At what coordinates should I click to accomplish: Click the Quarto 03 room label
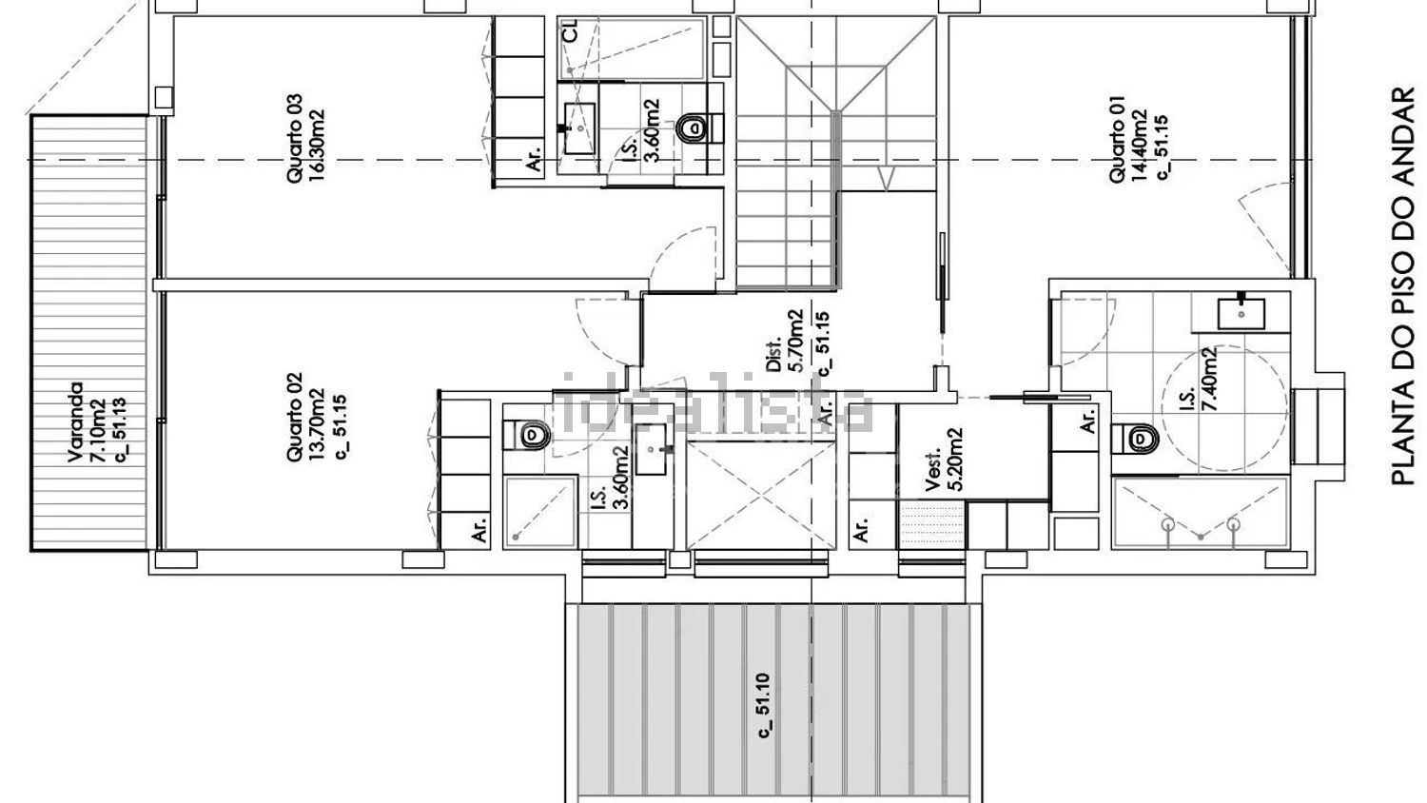294,139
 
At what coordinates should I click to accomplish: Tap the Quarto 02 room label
294,417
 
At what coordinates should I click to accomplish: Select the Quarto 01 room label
1118,139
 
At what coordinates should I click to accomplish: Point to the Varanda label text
75,421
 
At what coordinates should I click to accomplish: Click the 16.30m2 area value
317,146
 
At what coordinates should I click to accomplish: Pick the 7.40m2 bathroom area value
1208,379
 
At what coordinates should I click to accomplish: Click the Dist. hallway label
773,354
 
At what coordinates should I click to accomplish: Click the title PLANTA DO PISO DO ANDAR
1402,285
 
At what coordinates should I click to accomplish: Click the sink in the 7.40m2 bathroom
1241,314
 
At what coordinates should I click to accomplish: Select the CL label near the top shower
572,30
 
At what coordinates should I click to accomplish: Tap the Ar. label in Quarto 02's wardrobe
479,529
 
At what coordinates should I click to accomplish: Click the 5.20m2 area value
955,459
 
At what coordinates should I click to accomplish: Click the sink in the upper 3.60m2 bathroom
579,128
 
